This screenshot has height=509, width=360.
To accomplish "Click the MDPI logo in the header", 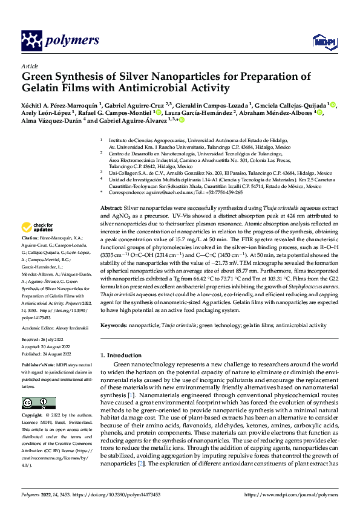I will click(x=322, y=41).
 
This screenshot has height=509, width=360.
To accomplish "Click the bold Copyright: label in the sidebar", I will click(x=33, y=416).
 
